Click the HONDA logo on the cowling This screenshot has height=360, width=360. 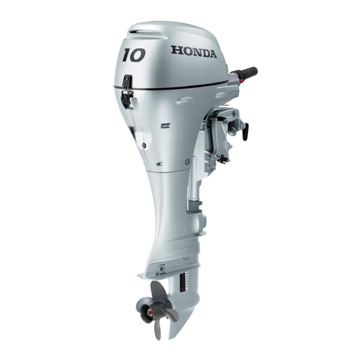tap(194, 51)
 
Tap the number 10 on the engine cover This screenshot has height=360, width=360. tap(134, 55)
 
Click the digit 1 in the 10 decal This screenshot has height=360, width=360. tap(127, 55)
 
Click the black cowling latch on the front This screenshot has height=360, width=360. tap(127, 90)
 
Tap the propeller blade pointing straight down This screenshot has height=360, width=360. tap(158, 329)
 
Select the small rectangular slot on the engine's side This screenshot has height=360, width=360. tap(165, 125)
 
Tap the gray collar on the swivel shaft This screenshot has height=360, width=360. tap(193, 206)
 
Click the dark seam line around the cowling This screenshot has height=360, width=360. tap(180, 87)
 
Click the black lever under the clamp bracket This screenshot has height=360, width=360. tap(222, 158)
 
